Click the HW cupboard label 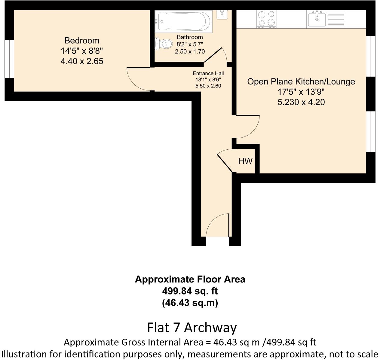[245, 161]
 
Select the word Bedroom [82, 40]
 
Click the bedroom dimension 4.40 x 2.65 [82, 61]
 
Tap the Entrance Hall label [208, 73]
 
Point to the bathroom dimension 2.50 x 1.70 [190, 51]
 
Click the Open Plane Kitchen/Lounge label [301, 81]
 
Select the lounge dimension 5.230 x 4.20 [301, 102]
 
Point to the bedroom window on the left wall [9, 59]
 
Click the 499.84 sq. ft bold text [190, 291]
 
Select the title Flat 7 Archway [192, 327]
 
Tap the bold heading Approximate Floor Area [190, 279]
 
